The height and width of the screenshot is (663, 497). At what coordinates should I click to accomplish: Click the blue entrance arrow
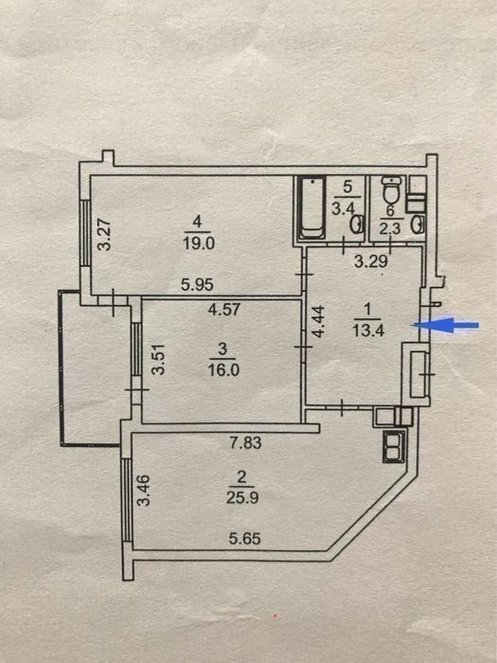(446, 325)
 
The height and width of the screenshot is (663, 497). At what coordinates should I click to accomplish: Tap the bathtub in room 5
(312, 208)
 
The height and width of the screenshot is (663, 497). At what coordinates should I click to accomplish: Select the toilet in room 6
(392, 189)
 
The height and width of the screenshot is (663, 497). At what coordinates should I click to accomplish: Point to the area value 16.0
(223, 370)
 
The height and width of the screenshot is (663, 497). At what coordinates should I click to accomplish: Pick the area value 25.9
(242, 498)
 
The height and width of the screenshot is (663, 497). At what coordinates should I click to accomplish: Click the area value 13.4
(368, 331)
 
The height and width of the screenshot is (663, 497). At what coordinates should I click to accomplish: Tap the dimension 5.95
(197, 284)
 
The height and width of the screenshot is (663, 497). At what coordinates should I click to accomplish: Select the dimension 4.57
(224, 309)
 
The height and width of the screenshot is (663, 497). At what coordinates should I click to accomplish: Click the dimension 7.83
(245, 442)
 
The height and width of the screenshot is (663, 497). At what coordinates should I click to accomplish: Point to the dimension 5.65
(244, 538)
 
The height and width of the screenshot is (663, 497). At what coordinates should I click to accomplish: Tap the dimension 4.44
(319, 321)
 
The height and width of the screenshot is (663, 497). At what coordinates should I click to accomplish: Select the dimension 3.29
(371, 261)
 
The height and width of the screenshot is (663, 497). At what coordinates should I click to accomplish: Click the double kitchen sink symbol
(394, 446)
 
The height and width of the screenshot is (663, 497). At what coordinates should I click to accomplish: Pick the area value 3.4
(343, 208)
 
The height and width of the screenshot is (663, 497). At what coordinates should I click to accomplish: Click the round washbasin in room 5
(357, 224)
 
